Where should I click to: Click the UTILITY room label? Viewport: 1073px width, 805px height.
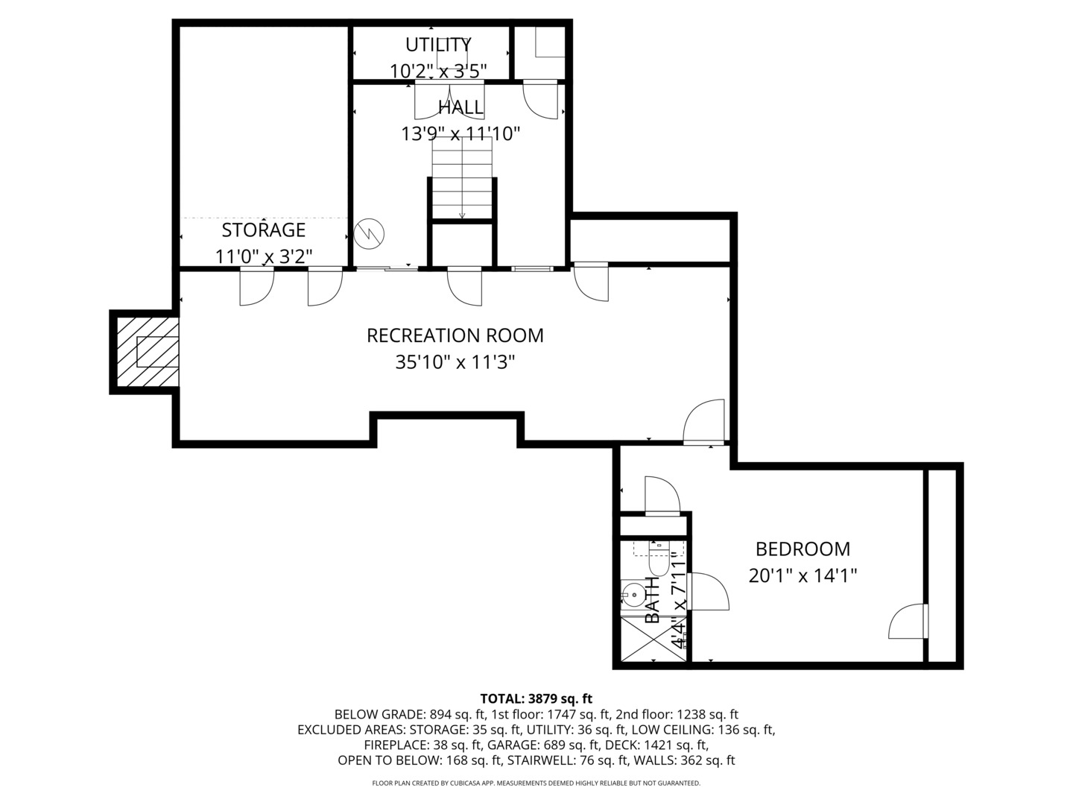[x=438, y=44]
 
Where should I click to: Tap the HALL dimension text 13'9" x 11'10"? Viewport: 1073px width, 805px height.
[x=460, y=134]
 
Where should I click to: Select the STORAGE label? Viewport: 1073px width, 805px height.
[x=263, y=230]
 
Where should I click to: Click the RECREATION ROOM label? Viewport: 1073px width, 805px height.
[x=455, y=335]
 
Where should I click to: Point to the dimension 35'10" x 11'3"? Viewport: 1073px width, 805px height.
[x=455, y=363]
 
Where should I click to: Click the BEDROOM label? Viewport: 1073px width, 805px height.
[x=803, y=549]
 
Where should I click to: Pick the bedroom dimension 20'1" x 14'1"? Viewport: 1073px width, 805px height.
[x=803, y=576]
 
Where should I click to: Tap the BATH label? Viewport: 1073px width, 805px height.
[x=653, y=600]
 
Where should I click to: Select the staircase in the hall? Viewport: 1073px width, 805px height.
[x=462, y=179]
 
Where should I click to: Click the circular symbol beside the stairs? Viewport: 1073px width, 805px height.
[x=370, y=233]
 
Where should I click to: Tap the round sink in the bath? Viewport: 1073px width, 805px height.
[x=633, y=594]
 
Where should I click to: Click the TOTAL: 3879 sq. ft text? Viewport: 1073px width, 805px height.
[x=536, y=698]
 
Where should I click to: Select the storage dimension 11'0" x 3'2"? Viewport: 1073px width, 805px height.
[x=263, y=257]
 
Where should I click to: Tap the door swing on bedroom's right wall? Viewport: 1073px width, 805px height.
[x=908, y=622]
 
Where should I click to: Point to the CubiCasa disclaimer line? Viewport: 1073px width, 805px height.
[x=536, y=783]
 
